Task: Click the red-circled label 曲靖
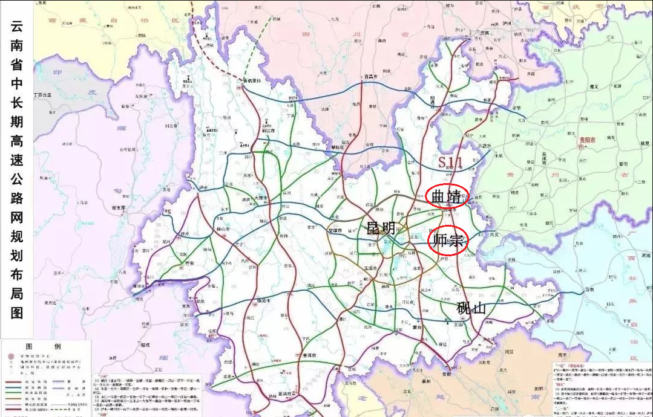[447, 196]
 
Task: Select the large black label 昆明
[381, 228]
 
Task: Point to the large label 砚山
[471, 308]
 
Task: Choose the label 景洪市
[284, 393]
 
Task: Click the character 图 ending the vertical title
[17, 312]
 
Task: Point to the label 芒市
[189, 263]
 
